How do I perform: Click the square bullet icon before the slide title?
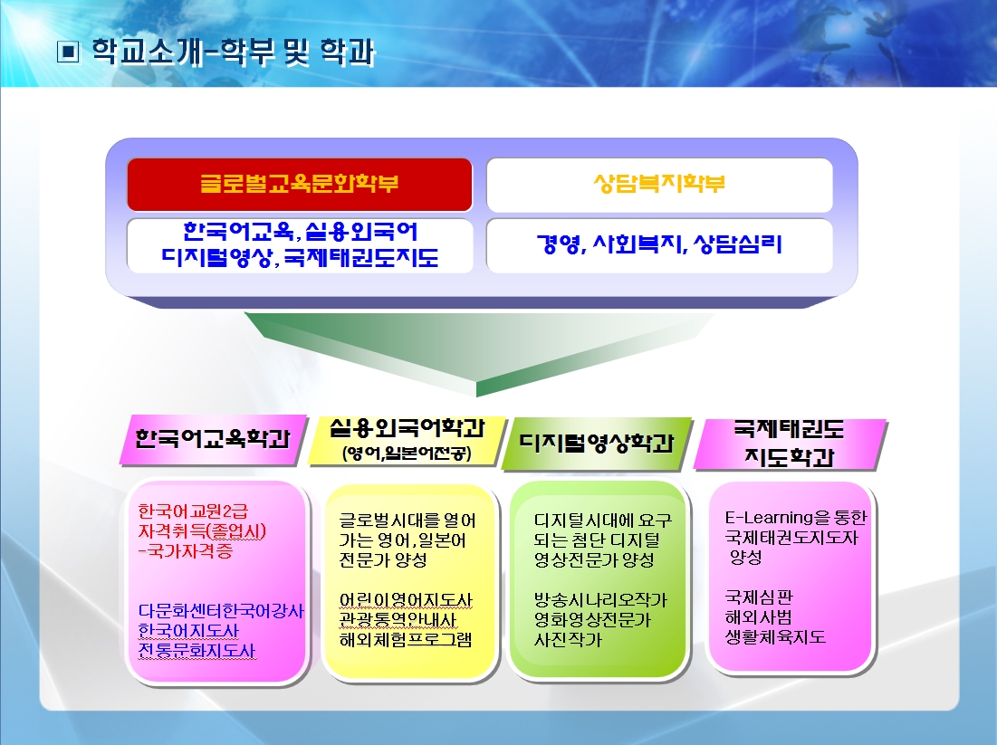point(68,53)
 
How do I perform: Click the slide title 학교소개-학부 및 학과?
point(234,53)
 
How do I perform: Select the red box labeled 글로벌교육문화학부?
point(300,185)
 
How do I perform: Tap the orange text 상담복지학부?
point(659,184)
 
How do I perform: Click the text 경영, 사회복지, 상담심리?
point(659,244)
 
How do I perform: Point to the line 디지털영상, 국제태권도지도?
point(300,257)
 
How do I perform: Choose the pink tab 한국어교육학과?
point(213,439)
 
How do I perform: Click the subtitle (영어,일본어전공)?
point(407,454)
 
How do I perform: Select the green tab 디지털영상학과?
point(597,443)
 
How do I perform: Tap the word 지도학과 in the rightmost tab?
point(789,457)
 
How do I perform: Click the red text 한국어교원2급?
point(193,511)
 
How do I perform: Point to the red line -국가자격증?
point(186,550)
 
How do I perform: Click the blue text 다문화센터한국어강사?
point(221,611)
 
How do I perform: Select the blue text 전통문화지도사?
point(197,650)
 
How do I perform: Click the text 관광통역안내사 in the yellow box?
point(398,620)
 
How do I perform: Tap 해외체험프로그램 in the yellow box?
point(406,639)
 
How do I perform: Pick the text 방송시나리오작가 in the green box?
point(601,599)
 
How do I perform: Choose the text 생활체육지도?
point(775,637)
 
